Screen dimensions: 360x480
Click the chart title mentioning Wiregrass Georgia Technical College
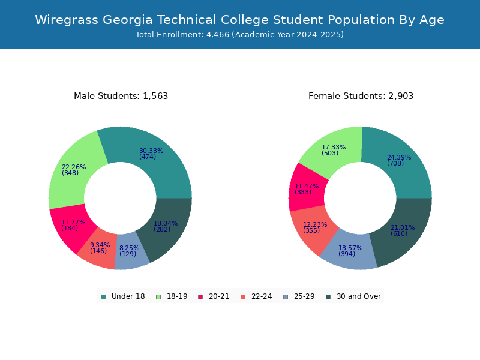(239, 20)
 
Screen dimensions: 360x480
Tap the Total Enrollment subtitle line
(239, 35)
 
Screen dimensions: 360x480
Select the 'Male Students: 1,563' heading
(121, 96)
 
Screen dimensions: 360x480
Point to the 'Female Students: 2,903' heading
(361, 96)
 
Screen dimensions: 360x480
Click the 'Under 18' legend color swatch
(103, 296)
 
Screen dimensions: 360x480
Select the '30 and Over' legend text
(358, 296)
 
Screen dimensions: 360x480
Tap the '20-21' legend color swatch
(200, 296)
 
